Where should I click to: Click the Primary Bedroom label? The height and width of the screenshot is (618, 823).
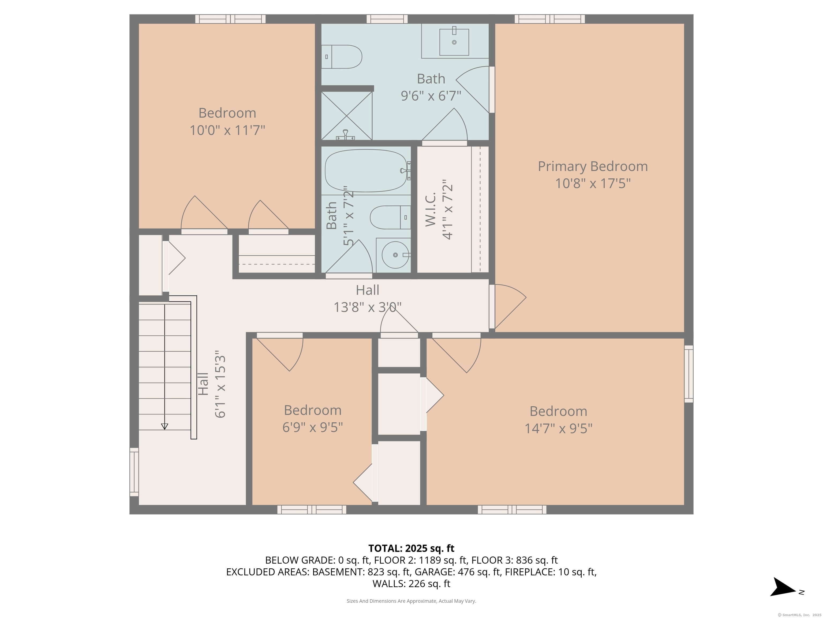[592, 167]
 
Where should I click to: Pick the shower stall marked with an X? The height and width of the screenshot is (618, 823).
[346, 116]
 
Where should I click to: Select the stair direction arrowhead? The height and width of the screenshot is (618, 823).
[164, 426]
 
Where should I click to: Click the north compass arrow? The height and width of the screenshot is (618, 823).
[784, 587]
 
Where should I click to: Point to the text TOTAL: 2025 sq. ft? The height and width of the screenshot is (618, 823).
[411, 548]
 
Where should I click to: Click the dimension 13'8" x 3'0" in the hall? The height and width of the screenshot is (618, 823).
[367, 307]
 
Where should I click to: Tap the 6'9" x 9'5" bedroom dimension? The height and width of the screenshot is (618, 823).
[313, 427]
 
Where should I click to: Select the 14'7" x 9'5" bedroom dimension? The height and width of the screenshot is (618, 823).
[558, 428]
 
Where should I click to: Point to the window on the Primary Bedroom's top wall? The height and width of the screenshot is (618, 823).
[549, 19]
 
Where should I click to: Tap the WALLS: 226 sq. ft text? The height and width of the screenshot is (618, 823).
[411, 584]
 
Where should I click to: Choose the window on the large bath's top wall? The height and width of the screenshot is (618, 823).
[387, 19]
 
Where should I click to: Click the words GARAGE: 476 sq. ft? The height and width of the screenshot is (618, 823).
[458, 572]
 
